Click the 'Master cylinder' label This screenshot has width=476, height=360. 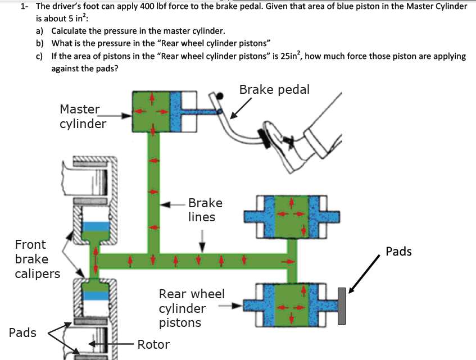click(x=83, y=116)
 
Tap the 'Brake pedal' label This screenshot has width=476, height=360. click(x=274, y=90)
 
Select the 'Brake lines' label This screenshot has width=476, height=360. click(x=205, y=210)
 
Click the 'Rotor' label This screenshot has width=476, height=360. click(x=153, y=344)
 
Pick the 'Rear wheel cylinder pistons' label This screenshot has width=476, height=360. click(x=192, y=308)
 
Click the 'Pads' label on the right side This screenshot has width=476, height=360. click(x=398, y=251)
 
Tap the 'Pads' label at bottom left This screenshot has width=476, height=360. click(x=22, y=332)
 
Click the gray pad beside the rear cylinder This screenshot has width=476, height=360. click(x=341, y=306)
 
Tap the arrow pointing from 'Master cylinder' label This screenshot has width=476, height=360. click(x=120, y=116)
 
